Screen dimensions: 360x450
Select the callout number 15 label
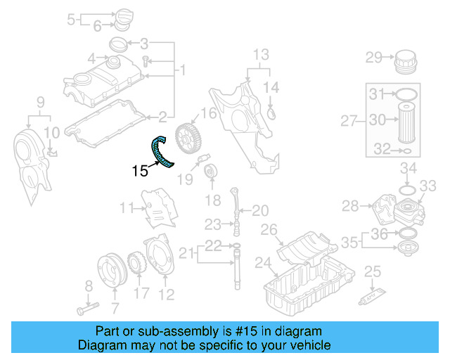tap(140, 169)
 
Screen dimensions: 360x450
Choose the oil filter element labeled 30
tap(407, 121)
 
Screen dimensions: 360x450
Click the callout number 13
tap(260, 53)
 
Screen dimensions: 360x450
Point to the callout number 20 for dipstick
tap(260, 210)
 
